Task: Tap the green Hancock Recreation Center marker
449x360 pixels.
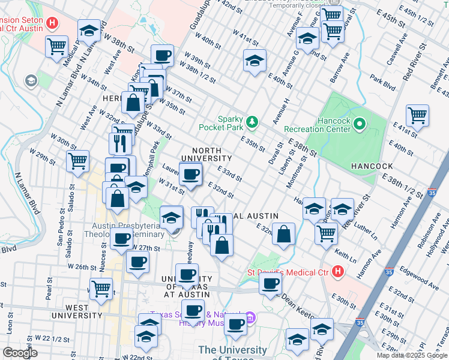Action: pyautogui.click(x=360, y=124)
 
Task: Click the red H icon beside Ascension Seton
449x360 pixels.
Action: pyautogui.click(x=53, y=23)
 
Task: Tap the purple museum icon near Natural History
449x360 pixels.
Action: pyautogui.click(x=251, y=317)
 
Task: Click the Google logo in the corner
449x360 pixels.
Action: pyautogui.click(x=20, y=353)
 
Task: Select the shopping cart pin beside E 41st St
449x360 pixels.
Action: pyautogui.click(x=417, y=114)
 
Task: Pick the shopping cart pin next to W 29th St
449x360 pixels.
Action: pyautogui.click(x=77, y=161)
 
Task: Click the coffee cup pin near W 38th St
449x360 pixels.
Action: pyautogui.click(x=162, y=56)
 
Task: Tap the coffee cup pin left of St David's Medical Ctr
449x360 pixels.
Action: pyautogui.click(x=271, y=283)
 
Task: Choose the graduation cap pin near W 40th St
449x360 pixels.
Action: pyautogui.click(x=255, y=61)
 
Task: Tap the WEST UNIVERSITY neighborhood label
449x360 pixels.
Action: pyautogui.click(x=78, y=311)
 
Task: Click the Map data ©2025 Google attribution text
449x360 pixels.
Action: pyautogui.click(x=412, y=355)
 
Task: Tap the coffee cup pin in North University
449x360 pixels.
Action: pyautogui.click(x=191, y=175)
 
